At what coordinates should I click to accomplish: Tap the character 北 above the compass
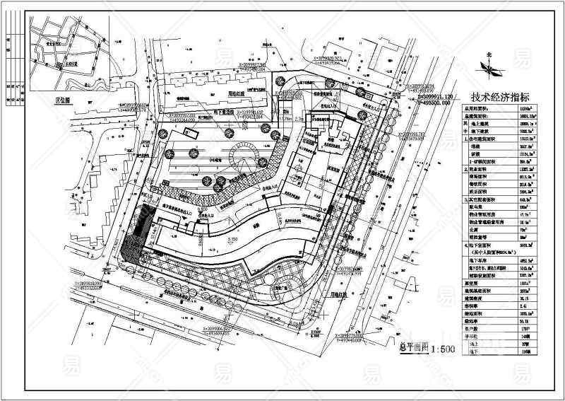click(488, 54)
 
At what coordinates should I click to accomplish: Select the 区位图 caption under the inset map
click(65, 100)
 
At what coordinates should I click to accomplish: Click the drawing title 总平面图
click(408, 349)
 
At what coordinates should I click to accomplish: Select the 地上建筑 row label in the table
click(481, 122)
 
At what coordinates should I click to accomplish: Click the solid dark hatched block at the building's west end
click(132, 240)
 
